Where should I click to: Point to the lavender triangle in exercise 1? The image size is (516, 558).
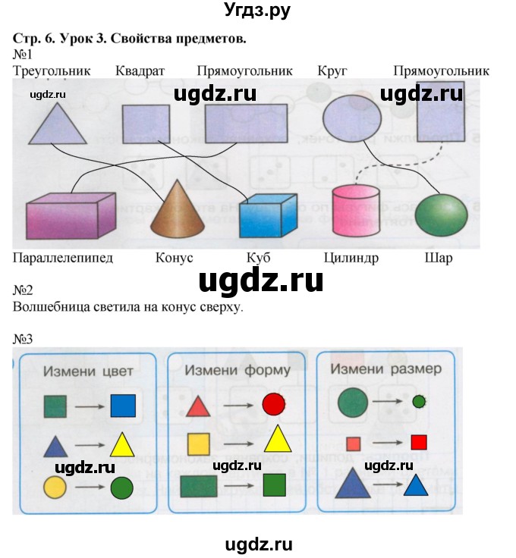coord(58,124)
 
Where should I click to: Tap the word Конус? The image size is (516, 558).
coord(173,258)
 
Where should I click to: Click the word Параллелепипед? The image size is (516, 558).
coord(63,258)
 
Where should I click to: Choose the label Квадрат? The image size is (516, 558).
coord(140,71)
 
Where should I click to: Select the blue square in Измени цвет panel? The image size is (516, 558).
coord(123,406)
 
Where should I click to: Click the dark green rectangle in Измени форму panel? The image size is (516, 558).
coord(198,485)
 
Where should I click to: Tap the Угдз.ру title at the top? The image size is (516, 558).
coord(257,11)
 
